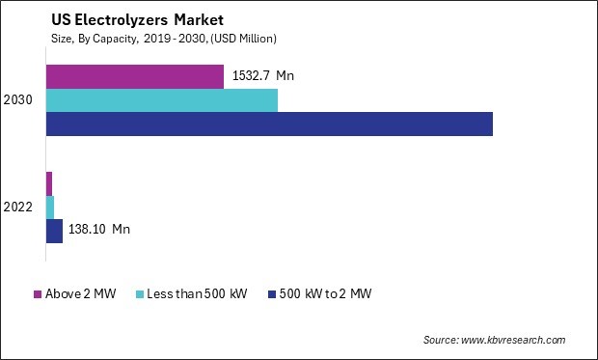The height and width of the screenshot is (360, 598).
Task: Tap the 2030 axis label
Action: pos(17,100)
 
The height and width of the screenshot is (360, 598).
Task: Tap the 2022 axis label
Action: pos(17,207)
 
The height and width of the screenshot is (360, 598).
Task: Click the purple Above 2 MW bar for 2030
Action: pos(135,76)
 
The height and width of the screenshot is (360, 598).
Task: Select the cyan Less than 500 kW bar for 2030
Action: pos(162,100)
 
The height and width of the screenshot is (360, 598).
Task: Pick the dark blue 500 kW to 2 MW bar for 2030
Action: pos(269,124)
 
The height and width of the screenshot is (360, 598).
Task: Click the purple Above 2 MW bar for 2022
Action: pos(49,182)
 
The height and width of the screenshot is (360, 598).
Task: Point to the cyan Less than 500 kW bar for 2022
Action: pos(50,206)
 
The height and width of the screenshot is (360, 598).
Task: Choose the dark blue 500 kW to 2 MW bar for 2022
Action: pos(54,230)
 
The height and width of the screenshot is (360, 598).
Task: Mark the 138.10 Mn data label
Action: pos(99,230)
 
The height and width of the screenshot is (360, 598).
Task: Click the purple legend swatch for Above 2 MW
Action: pos(38,294)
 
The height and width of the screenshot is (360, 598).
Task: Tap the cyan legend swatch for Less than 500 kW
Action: pos(141,294)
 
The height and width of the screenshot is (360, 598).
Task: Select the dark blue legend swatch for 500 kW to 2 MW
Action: pos(272,294)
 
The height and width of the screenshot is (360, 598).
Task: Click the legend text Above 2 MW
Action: pos(80,294)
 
